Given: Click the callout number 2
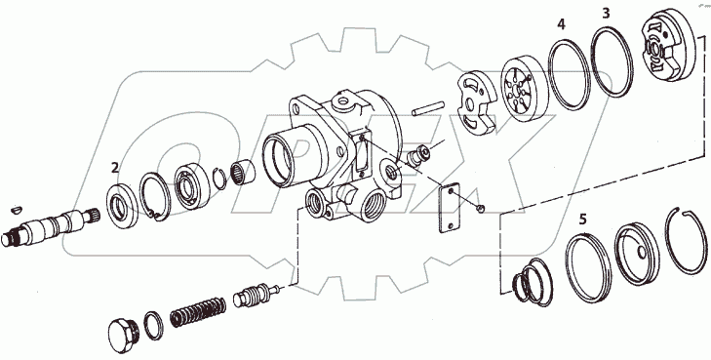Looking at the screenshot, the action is (115, 168).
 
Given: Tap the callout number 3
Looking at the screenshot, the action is (607, 14).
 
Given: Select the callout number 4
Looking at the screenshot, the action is (562, 24).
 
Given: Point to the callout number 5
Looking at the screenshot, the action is (582, 220).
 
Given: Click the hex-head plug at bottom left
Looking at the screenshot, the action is (124, 335).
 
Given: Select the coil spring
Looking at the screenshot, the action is (198, 312).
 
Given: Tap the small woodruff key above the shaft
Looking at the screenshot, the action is (17, 210).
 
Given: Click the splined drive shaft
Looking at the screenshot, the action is (50, 225).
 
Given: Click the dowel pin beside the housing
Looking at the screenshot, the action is (427, 109).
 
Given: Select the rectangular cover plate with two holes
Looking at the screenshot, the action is (449, 208).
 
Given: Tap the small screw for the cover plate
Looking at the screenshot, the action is (481, 208).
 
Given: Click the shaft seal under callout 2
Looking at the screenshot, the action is (123, 206).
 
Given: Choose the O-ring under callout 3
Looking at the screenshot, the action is (612, 62).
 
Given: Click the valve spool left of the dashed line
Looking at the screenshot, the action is (256, 296).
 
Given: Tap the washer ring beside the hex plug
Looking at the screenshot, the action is (154, 325).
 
